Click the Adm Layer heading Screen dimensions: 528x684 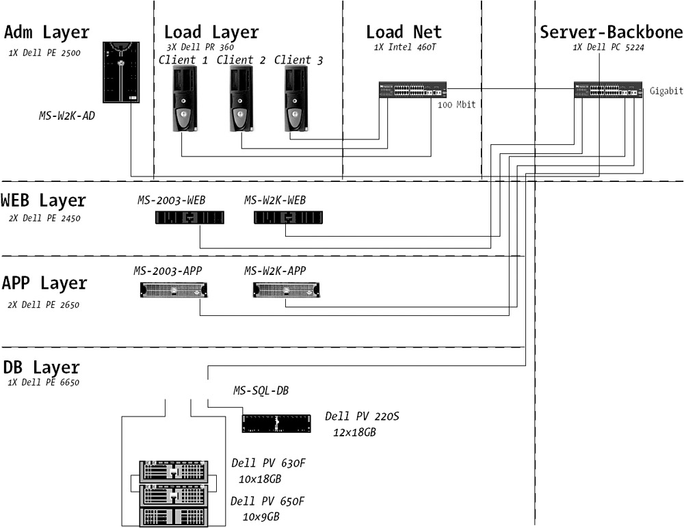tap(47, 32)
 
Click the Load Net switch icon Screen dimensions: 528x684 tap(412, 90)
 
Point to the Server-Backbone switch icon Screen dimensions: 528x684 tap(608, 90)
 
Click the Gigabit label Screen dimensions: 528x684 tap(666, 91)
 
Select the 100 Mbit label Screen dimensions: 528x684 tap(456, 105)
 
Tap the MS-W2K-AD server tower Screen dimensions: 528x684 tap(121, 72)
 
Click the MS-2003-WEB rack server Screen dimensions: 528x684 tap(190, 217)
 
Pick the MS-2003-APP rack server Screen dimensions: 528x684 tap(174, 290)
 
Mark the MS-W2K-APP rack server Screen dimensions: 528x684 tap(287, 290)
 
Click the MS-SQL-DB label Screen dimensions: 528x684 tap(261, 391)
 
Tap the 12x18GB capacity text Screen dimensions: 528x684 tap(354, 432)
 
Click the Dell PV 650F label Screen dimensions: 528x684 tap(267, 501)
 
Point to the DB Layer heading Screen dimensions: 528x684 tap(41, 367)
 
